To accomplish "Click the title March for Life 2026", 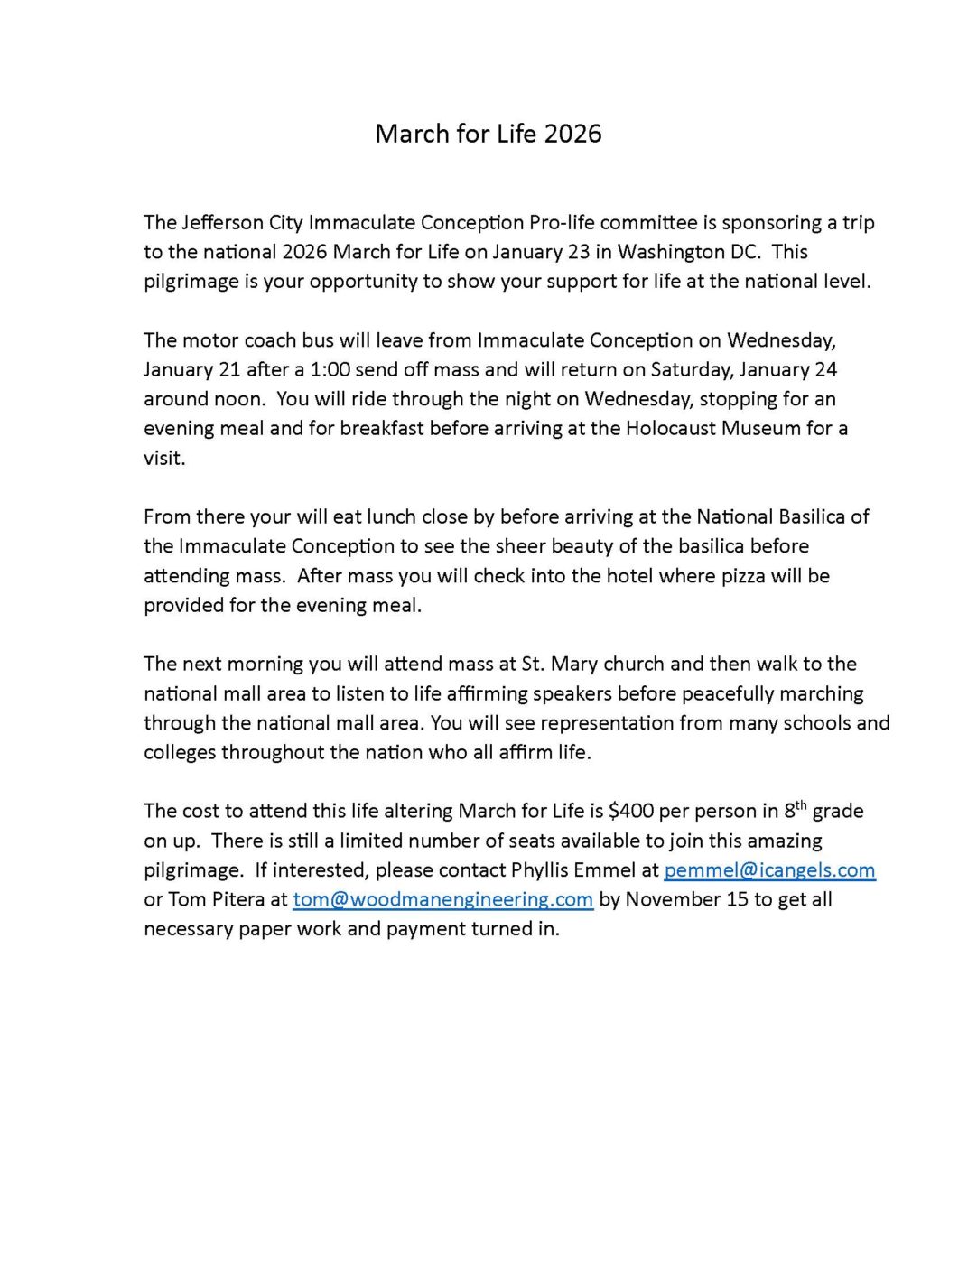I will (488, 134).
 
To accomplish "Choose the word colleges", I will (180, 752).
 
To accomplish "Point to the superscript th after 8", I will (798, 804).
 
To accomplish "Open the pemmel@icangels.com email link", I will (769, 870).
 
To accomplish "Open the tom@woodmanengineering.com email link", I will (442, 899).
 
